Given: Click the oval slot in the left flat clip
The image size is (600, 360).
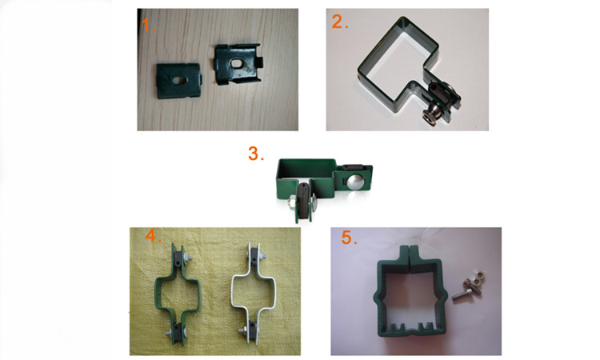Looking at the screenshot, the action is pos(178,80).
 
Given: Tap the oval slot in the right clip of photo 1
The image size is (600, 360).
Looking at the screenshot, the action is pos(237,62).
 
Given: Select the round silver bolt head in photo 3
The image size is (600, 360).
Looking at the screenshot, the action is pos(353,182).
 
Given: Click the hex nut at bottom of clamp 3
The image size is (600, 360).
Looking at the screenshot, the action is pos(291,202).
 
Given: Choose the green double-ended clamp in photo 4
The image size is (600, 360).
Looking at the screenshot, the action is pos(177,291).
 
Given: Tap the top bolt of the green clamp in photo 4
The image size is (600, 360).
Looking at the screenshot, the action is pos(186,257).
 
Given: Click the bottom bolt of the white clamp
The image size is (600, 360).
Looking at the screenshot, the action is pos(242,330).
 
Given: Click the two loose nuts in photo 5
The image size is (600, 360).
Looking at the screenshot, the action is pos(476,280).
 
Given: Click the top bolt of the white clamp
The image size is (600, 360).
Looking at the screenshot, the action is pos(263,255).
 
